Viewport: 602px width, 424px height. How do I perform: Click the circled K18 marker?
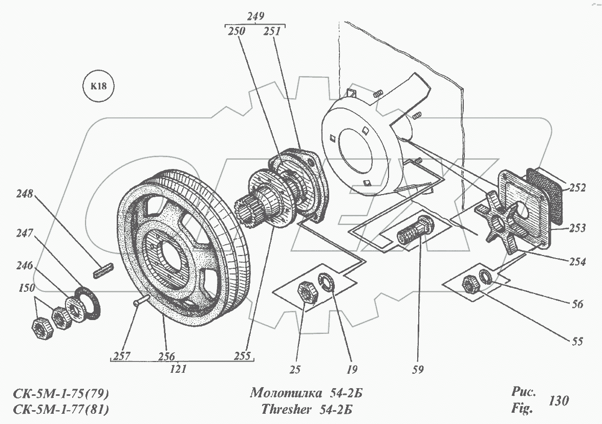click(98, 86)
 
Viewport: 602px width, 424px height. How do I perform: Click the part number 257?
click(121, 356)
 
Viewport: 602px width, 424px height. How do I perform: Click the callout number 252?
click(576, 188)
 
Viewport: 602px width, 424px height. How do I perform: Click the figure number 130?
click(558, 400)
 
